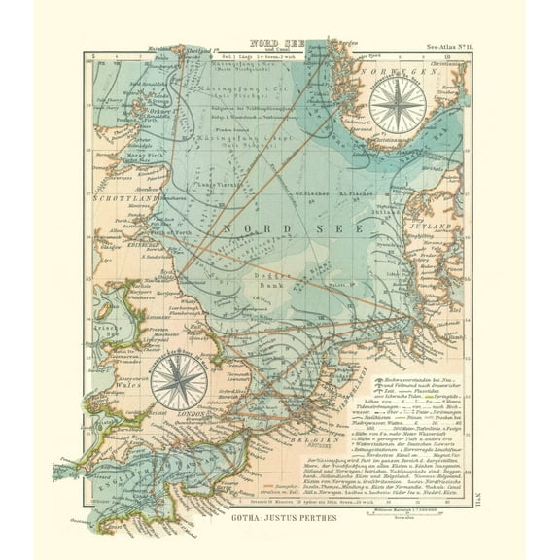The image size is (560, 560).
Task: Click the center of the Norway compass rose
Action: click(x=396, y=104)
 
